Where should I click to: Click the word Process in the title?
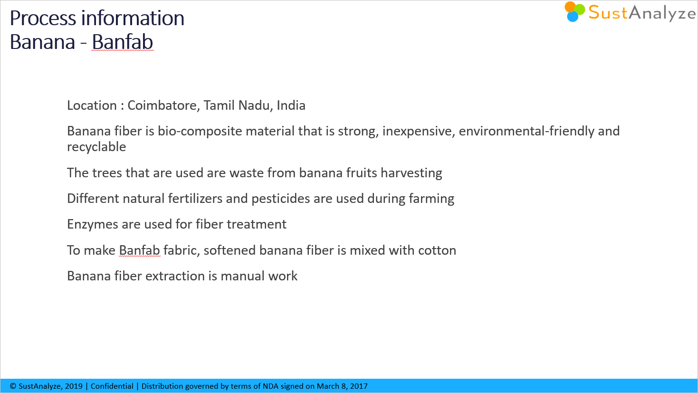[x=43, y=19]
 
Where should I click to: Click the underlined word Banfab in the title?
[x=123, y=42]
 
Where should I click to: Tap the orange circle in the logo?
[x=570, y=7]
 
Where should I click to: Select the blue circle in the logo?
[x=573, y=17]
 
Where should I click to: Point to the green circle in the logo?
[x=580, y=9]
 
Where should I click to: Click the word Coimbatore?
[x=163, y=105]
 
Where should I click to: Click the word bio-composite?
[x=200, y=131]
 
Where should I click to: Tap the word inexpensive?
[x=419, y=131]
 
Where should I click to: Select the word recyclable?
[x=96, y=147]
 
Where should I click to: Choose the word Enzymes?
[x=93, y=224]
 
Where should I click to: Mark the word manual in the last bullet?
[x=243, y=276]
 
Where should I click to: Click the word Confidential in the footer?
[x=112, y=386]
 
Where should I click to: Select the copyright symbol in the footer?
[x=13, y=386]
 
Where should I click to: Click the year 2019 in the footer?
[x=74, y=386]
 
